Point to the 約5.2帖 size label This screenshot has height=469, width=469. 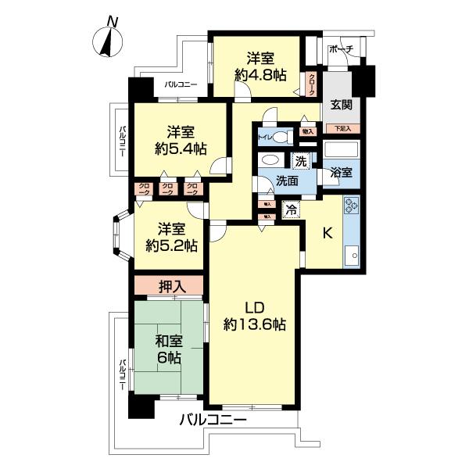(x=172, y=243)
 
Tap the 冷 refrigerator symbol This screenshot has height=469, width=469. (x=290, y=209)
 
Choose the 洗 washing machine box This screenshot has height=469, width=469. (x=301, y=162)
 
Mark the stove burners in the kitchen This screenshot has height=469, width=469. (x=350, y=208)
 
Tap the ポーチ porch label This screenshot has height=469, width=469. (x=342, y=49)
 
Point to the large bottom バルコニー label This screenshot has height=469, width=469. (x=212, y=420)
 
